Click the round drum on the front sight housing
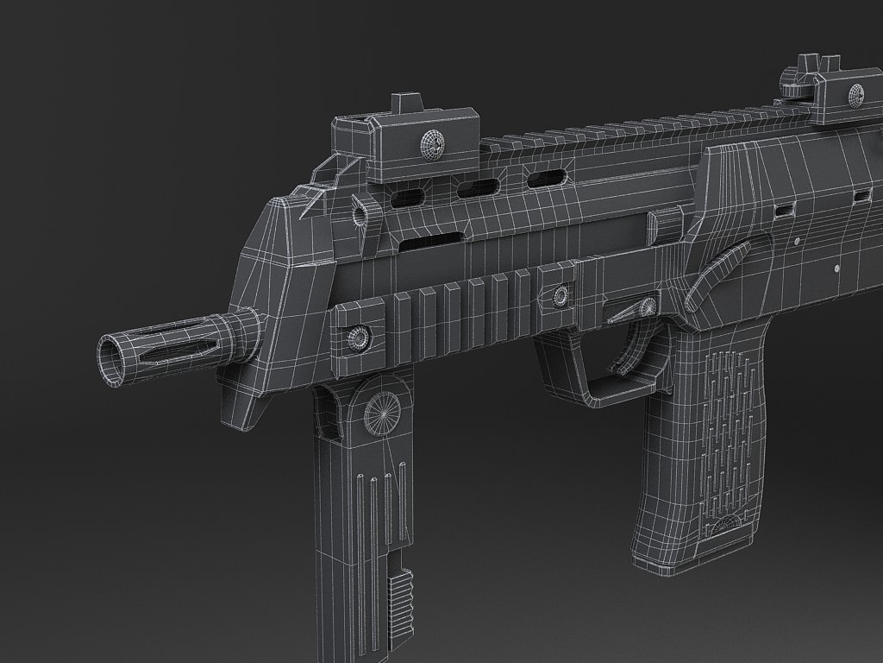(x=430, y=143)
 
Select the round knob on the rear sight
(x=856, y=94)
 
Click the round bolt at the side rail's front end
(x=356, y=337)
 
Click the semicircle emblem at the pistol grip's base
(x=730, y=527)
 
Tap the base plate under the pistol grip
(x=681, y=561)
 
